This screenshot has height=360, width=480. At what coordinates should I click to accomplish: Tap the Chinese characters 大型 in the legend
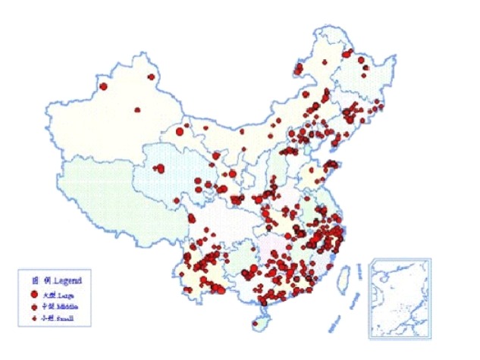tap(47, 293)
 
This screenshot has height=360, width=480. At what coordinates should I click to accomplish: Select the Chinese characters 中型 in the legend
tap(47, 306)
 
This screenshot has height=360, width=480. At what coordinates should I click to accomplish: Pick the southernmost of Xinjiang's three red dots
tap(137, 111)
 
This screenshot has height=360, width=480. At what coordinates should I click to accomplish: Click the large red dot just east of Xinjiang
tap(180, 132)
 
